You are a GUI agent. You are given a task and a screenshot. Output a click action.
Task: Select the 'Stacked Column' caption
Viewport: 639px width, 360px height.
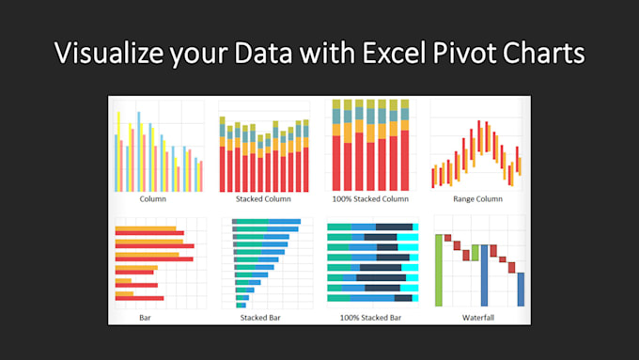click(x=263, y=199)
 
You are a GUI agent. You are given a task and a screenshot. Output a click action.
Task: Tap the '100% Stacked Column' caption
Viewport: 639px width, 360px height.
click(x=370, y=199)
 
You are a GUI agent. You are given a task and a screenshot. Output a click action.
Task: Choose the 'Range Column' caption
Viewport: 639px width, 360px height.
click(x=477, y=199)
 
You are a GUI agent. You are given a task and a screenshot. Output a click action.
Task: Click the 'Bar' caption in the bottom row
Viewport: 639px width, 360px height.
click(x=145, y=318)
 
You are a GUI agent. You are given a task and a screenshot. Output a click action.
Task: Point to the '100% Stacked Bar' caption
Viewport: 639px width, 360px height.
click(x=370, y=318)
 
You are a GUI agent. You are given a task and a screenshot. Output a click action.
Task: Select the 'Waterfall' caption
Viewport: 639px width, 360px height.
click(x=477, y=318)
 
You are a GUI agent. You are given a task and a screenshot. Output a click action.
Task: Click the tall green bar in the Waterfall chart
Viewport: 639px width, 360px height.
click(x=439, y=271)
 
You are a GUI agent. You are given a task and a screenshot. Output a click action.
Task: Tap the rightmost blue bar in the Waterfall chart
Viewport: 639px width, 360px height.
click(x=522, y=290)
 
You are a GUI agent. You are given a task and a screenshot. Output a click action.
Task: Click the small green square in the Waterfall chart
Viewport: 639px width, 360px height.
click(x=475, y=253)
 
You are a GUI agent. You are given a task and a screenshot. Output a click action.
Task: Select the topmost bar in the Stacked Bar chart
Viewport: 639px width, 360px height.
click(x=267, y=221)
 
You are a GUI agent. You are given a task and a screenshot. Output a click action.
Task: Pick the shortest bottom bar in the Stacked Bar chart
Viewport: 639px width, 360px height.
click(x=241, y=305)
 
